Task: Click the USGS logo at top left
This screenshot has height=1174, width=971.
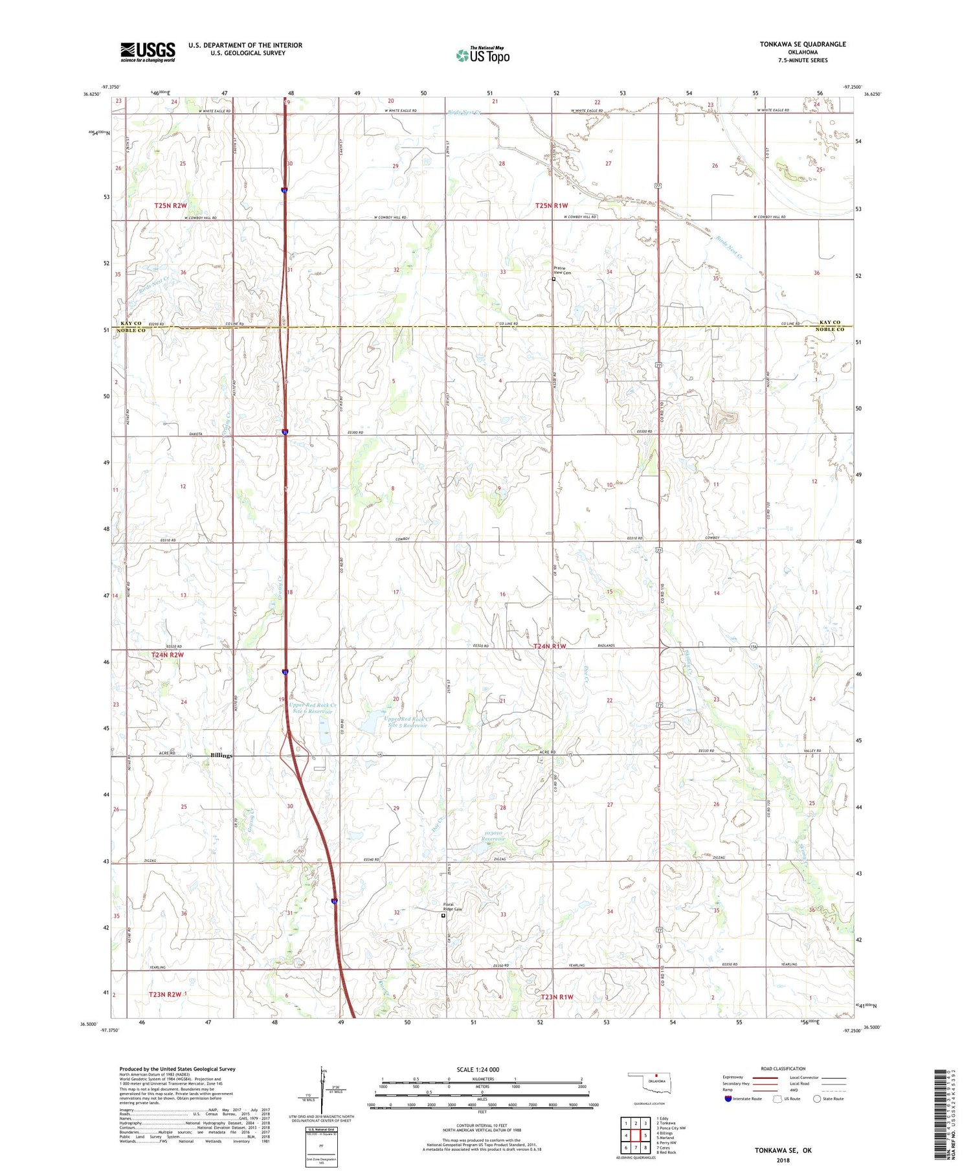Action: pos(148,52)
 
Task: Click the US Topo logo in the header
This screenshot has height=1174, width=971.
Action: pos(482,55)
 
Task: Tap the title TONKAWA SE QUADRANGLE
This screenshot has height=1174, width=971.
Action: pos(803,44)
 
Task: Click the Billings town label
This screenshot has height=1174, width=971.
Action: pos(221,756)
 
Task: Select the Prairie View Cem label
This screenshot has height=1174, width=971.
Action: pos(562,271)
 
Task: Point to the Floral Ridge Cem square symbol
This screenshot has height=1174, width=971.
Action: pos(443,916)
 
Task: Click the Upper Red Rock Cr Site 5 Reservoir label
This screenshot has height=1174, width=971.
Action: pos(408,722)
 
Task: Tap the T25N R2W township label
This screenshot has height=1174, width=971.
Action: pos(170,205)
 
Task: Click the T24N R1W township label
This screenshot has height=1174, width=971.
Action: pos(550,646)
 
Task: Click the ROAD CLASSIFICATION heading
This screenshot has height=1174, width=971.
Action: pos(783,1068)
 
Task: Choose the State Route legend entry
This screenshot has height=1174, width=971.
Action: pos(830,1099)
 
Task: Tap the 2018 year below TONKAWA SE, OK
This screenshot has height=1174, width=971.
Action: pos(783,1159)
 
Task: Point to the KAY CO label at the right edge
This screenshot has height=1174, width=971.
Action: pos(829,322)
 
